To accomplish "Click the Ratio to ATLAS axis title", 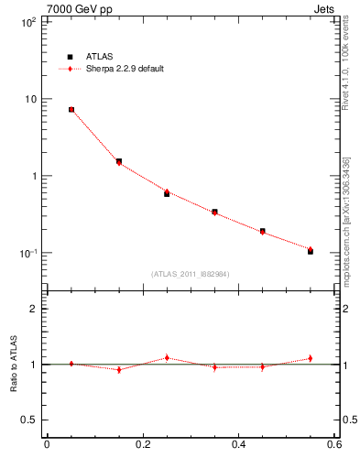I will (x=11, y=365).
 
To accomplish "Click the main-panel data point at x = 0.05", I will (x=71, y=109).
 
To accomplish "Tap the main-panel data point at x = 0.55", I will (x=311, y=250).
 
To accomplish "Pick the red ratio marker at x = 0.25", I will (x=167, y=358).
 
